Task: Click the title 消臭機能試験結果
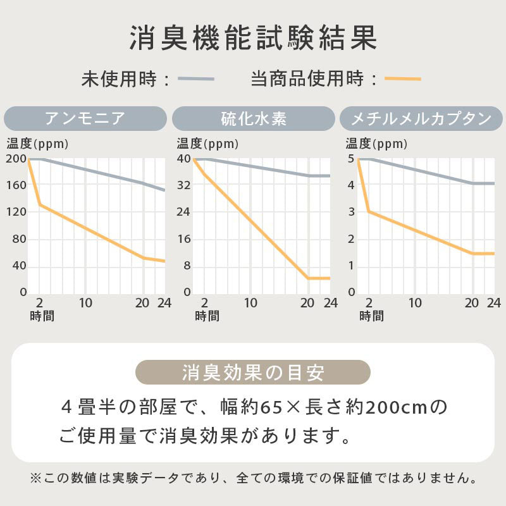253,39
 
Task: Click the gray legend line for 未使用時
196,79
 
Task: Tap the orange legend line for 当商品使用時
403,79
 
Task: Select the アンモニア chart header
85,118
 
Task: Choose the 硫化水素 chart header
253,118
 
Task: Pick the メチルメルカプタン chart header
421,118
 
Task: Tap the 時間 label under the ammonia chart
42,316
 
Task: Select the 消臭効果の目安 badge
253,373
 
